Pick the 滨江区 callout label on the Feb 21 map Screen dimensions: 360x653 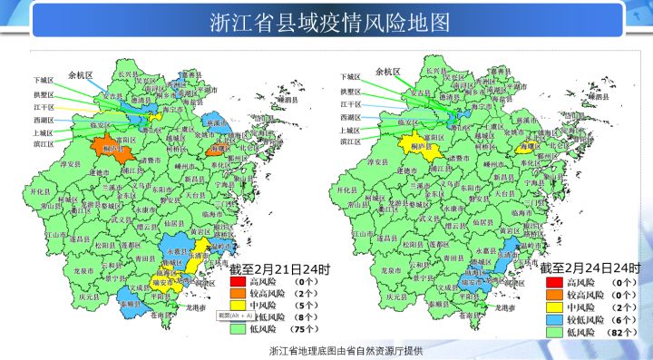pos(44,142)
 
